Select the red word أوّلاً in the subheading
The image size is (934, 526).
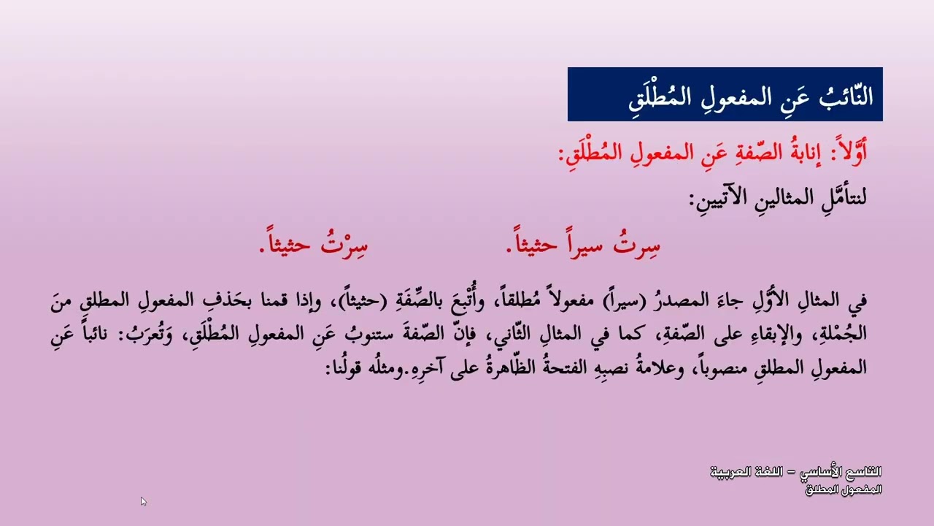[849, 155]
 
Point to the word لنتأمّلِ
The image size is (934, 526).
[837, 199]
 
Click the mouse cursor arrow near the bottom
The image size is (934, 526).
[143, 501]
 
